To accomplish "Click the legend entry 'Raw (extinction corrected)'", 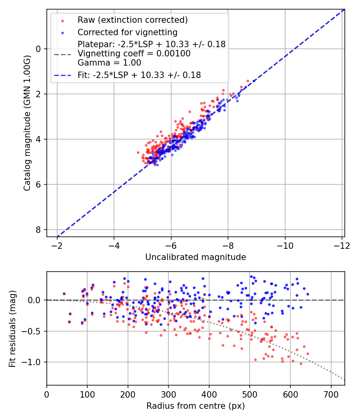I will pyautogui.click(x=132, y=20).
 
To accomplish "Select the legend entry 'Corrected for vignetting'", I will pyautogui.click(x=127, y=32).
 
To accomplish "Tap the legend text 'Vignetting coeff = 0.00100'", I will pyautogui.click(x=134, y=54).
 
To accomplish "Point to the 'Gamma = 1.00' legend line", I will pyautogui.click(x=109, y=63).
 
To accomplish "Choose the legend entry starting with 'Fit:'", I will pyautogui.click(x=139, y=75).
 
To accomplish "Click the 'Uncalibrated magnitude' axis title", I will pyautogui.click(x=195, y=257).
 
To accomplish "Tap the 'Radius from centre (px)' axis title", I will pyautogui.click(x=195, y=406).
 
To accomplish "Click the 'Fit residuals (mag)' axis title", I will pyautogui.click(x=12, y=328).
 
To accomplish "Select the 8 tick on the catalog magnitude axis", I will pyautogui.click(x=39, y=230).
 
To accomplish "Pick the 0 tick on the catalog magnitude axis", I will pyautogui.click(x=39, y=49).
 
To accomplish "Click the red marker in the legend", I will pyautogui.click(x=62, y=20).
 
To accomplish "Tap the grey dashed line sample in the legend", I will pyautogui.click(x=62, y=54).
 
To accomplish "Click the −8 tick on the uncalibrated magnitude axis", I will pyautogui.click(x=228, y=244).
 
